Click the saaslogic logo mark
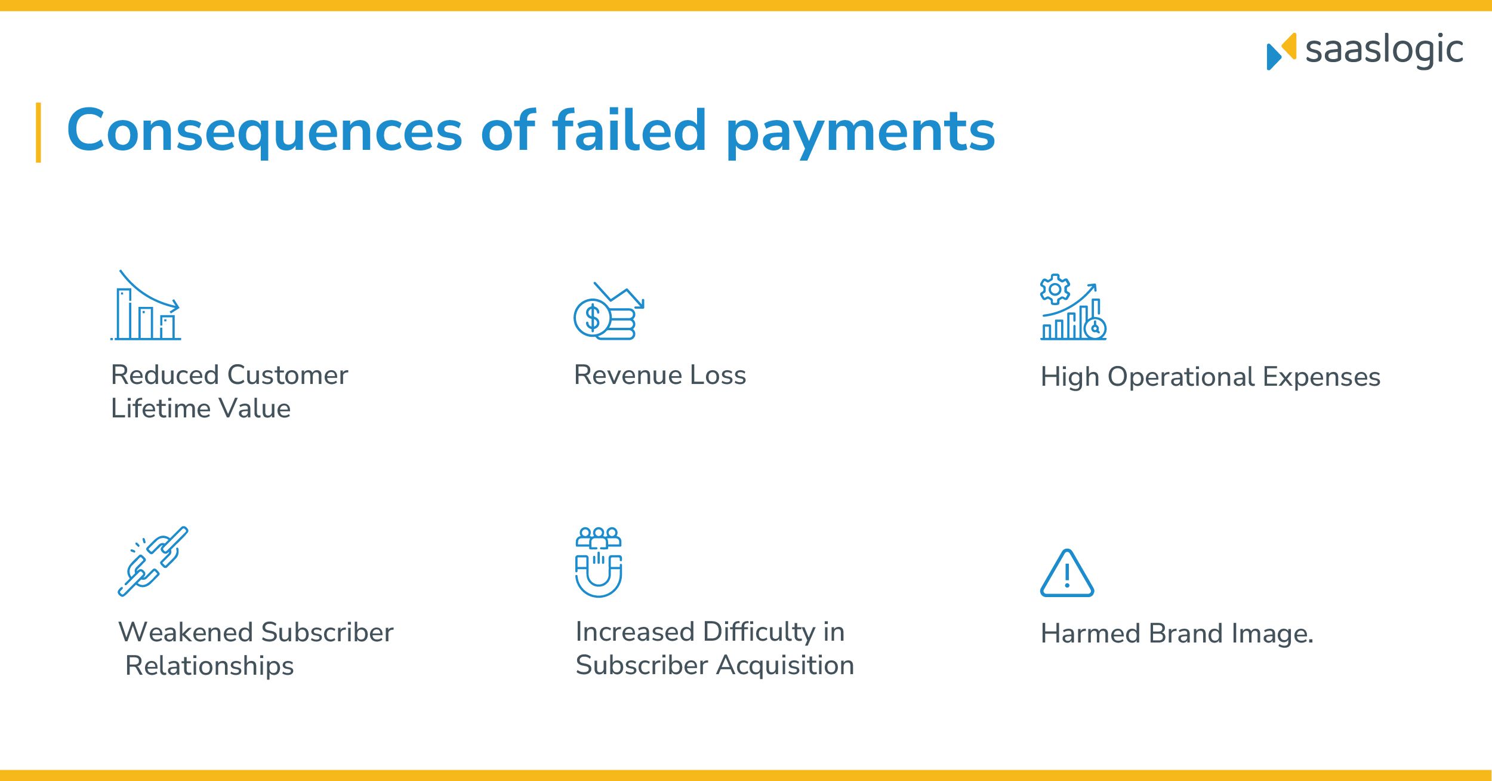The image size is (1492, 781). [1281, 51]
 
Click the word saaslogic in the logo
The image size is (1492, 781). [1384, 50]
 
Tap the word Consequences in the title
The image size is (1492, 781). [264, 131]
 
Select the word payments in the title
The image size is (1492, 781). [860, 133]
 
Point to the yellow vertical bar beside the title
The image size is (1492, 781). [39, 133]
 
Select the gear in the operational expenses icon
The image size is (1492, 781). [1055, 289]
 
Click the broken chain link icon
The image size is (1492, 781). [153, 561]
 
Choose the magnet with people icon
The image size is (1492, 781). [599, 562]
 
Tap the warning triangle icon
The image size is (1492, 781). [1067, 574]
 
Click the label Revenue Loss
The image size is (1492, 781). [659, 375]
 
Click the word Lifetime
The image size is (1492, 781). [160, 408]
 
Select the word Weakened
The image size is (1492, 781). [186, 632]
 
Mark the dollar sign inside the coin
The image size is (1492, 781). [592, 318]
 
